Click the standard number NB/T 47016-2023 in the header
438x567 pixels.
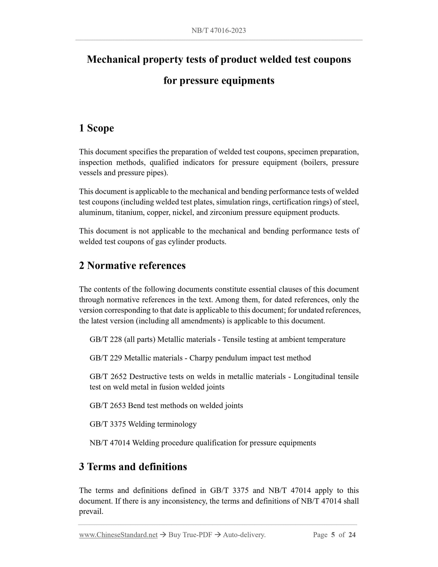(219, 30)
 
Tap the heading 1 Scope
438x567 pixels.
(96, 128)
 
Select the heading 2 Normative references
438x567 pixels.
(132, 265)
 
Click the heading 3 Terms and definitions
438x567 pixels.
(133, 467)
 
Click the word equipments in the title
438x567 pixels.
(247, 81)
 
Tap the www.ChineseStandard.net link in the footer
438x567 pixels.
(118, 535)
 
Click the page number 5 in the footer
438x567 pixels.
(333, 535)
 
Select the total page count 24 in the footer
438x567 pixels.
(352, 535)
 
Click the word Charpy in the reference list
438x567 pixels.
(200, 358)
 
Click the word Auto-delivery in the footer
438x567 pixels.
(244, 535)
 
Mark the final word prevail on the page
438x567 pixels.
(91, 512)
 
